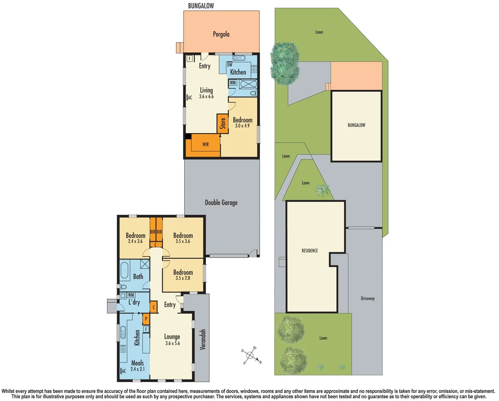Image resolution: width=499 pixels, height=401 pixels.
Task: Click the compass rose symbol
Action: pyautogui.click(x=251, y=356)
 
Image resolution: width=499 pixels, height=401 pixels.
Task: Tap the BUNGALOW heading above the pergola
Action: pyautogui.click(x=201, y=6)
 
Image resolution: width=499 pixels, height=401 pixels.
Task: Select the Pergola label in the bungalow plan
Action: pyautogui.click(x=221, y=34)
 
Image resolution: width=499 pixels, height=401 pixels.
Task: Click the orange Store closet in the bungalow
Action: pyautogui.click(x=223, y=123)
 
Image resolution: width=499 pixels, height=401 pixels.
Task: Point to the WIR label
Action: pyautogui.click(x=205, y=144)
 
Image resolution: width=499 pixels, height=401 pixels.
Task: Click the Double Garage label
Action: pyautogui.click(x=221, y=202)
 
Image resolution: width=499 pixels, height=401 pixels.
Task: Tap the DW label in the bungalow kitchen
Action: pyautogui.click(x=230, y=65)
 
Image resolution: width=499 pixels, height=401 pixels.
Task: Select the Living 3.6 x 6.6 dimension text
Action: pyautogui.click(x=206, y=97)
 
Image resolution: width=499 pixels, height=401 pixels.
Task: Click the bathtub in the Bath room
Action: pyautogui.click(x=124, y=271)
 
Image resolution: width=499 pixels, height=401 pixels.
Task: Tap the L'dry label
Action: pyautogui.click(x=134, y=302)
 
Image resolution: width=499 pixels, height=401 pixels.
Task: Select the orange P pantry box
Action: pyautogui.click(x=146, y=319)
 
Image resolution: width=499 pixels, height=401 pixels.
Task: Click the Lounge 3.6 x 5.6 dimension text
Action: pyautogui.click(x=172, y=343)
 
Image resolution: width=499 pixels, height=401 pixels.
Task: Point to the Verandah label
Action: pyautogui.click(x=202, y=339)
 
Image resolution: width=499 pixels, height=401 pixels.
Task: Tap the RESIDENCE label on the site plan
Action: pyautogui.click(x=310, y=251)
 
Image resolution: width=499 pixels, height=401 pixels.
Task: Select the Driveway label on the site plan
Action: pyautogui.click(x=367, y=299)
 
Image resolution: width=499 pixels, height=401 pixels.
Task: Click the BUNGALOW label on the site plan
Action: pyautogui.click(x=356, y=125)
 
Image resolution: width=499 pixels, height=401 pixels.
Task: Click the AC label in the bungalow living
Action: pyautogui.click(x=189, y=98)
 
